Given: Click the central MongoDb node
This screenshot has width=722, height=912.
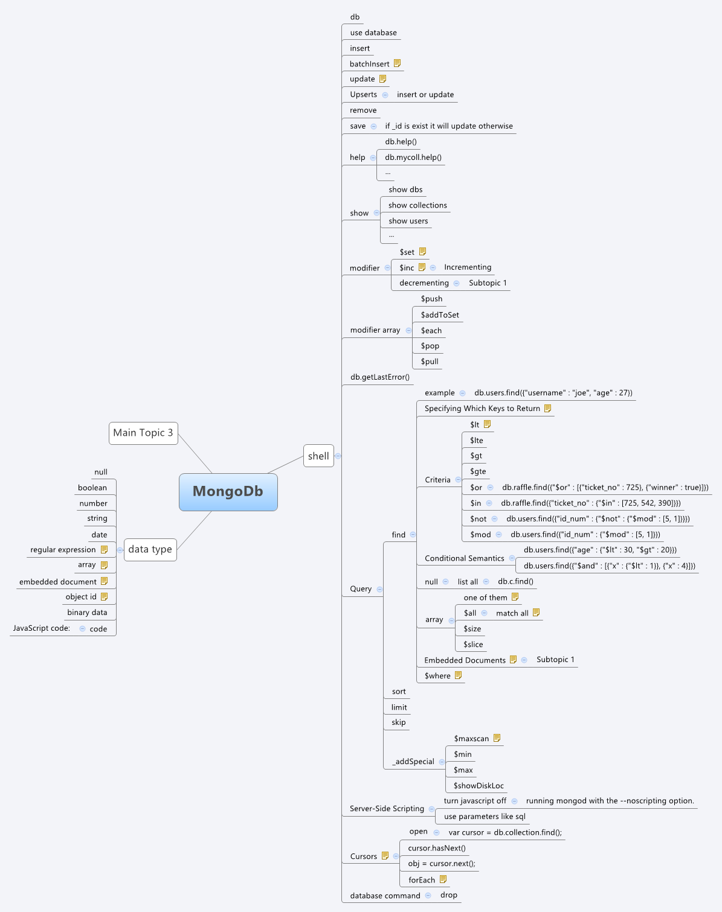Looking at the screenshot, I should (x=228, y=492).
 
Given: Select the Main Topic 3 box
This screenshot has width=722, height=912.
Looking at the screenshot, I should (x=143, y=433).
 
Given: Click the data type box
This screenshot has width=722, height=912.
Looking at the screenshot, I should (x=150, y=549).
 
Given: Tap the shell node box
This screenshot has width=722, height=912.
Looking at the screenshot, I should (x=318, y=456).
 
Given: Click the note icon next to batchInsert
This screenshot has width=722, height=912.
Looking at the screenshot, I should (x=397, y=63).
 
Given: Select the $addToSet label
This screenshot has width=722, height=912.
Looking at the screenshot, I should (x=440, y=314).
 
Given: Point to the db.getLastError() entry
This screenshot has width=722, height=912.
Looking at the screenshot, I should (x=380, y=377).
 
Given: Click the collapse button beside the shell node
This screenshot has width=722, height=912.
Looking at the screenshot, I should (x=338, y=456).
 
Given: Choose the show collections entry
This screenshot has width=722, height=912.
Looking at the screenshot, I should (x=417, y=205).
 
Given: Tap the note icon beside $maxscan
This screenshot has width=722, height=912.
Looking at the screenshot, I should (x=497, y=738).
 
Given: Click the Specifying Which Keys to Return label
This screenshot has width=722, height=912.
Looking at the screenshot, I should (x=482, y=409).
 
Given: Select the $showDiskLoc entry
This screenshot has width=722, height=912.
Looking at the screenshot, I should (x=479, y=785).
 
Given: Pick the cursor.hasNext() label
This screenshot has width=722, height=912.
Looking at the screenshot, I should (x=437, y=848).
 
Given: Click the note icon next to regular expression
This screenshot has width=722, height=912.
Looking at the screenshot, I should (x=104, y=549).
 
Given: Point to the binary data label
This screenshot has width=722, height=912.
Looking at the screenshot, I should (x=87, y=612).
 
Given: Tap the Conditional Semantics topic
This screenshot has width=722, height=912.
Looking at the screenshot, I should (x=464, y=558).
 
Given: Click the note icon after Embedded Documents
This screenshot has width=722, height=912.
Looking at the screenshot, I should (x=513, y=660).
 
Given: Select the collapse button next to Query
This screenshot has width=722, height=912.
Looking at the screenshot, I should (x=379, y=589).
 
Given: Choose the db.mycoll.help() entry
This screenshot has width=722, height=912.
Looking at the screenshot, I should (x=413, y=158).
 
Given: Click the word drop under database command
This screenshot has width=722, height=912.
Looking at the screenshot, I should (x=449, y=894).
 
